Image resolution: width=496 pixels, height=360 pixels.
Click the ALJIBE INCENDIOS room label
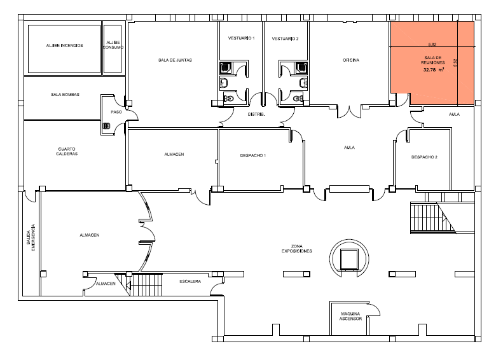click(x=64, y=46)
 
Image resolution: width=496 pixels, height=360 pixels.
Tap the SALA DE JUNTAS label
click(x=175, y=60)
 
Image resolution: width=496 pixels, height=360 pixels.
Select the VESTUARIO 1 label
click(x=242, y=38)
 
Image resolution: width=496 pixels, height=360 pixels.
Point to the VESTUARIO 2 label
click(x=285, y=39)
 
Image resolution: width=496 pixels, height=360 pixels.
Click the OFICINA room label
click(x=351, y=60)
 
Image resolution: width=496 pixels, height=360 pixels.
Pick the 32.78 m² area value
click(x=434, y=69)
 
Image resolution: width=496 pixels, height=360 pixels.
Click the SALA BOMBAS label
click(x=65, y=95)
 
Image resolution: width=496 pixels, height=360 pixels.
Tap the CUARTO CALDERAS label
click(x=67, y=151)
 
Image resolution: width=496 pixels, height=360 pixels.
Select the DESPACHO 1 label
click(x=252, y=156)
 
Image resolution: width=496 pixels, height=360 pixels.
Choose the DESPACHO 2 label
click(x=424, y=157)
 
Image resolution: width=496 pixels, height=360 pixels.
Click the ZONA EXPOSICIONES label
click(x=297, y=249)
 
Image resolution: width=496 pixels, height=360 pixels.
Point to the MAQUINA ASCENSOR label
click(x=350, y=316)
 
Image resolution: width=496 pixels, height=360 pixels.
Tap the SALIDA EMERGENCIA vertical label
click(x=31, y=238)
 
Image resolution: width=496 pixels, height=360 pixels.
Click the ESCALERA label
click(x=190, y=282)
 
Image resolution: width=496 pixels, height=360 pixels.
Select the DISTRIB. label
click(x=256, y=114)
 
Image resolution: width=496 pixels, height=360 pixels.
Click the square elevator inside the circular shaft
click(x=349, y=259)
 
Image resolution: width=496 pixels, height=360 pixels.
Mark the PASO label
click(x=116, y=112)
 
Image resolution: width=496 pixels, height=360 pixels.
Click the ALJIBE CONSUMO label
click(x=113, y=45)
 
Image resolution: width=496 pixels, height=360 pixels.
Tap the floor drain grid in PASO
click(x=107, y=126)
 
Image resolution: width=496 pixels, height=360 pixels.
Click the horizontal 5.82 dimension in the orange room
click(x=432, y=45)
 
